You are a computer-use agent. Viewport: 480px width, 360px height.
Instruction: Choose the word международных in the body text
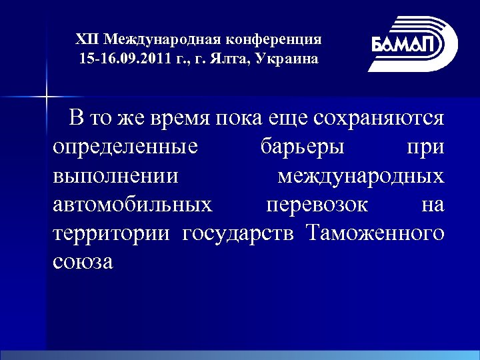[361, 176]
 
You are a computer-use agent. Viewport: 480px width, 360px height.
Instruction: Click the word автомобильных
[133, 205]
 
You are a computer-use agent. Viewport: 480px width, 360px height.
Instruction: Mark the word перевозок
[316, 205]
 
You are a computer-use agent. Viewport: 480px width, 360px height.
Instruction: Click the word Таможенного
[375, 233]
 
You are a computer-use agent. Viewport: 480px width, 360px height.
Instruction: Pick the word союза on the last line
[83, 262]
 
